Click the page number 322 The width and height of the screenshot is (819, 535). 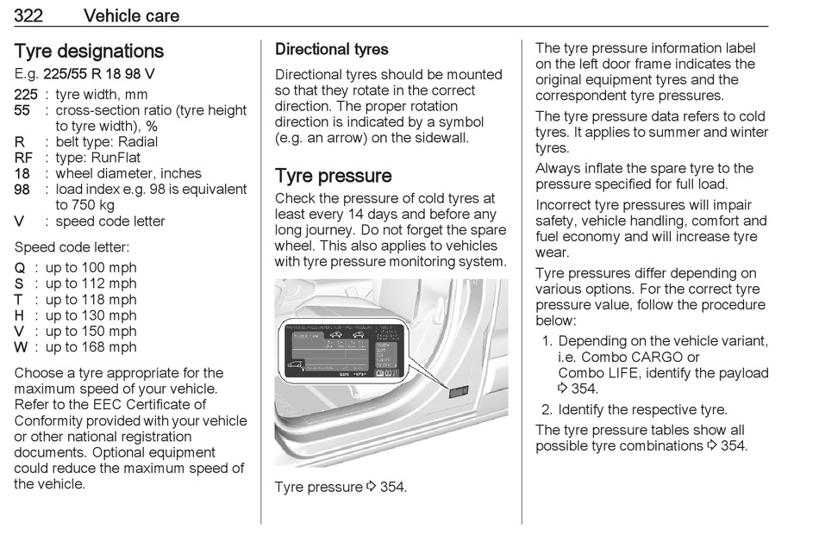point(31,15)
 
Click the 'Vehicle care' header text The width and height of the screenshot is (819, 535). point(132,15)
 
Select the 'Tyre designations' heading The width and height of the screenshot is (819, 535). point(89,51)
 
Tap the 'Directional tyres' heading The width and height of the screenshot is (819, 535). point(331,50)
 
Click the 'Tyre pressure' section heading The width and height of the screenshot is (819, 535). point(333,176)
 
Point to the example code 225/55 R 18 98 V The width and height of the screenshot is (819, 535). point(99,74)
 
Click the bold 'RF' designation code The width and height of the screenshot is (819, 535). point(23,158)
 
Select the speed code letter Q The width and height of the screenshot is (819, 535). point(20,268)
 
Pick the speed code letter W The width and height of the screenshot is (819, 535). point(21,347)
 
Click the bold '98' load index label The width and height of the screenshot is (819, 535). point(23,190)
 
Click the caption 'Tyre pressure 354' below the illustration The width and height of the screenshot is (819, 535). point(340,488)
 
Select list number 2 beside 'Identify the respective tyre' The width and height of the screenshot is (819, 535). point(547,410)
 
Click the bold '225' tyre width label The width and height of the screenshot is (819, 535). point(26,95)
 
